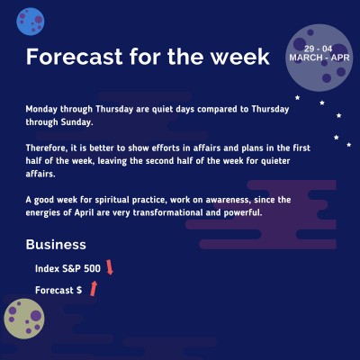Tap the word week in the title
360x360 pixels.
click(237, 57)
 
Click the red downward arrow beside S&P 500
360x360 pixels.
click(111, 266)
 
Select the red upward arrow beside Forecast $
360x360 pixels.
click(93, 288)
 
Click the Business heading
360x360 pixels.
click(56, 244)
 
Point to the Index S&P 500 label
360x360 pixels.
click(67, 268)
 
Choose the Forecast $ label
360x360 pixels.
click(58, 290)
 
